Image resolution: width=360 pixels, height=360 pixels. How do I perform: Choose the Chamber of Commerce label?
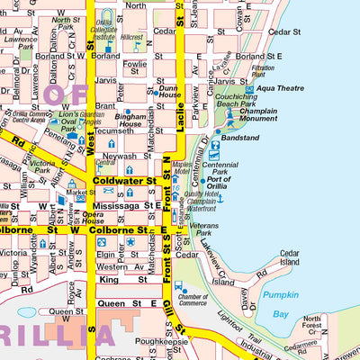point(192,300)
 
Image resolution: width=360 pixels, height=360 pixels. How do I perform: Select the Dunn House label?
point(168,92)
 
